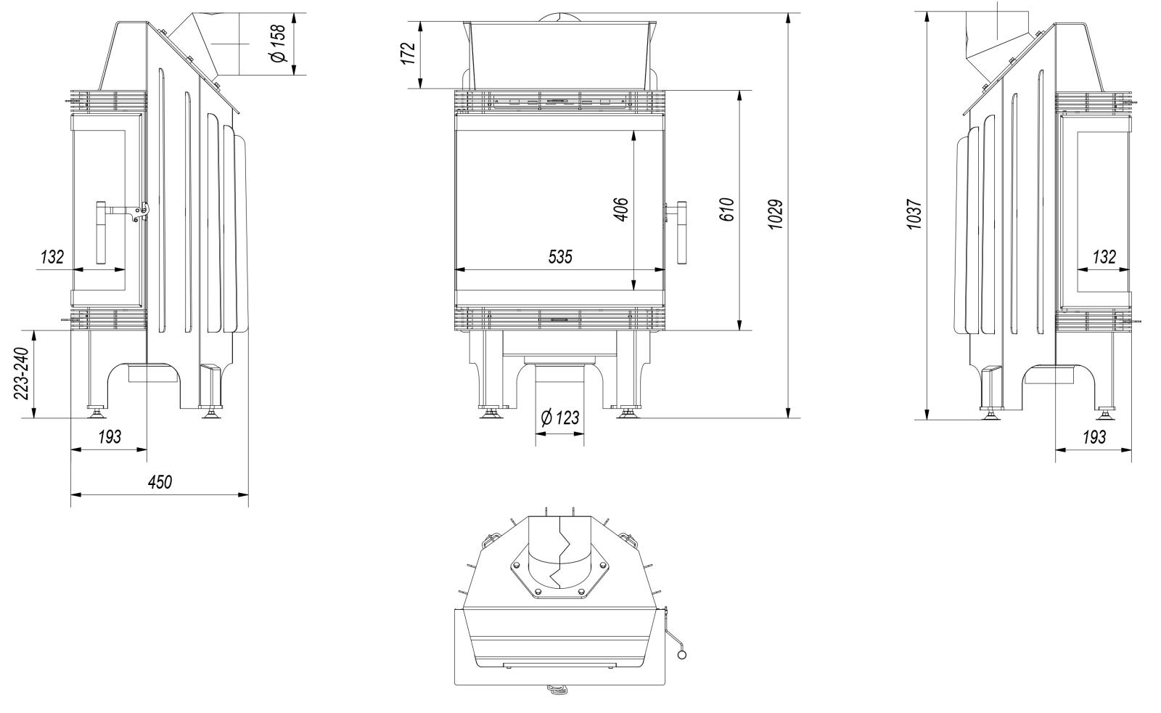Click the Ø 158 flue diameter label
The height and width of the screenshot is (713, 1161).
[x=278, y=44]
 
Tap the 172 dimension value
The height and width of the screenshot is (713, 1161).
[x=409, y=53]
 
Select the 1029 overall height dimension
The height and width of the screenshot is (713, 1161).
[x=776, y=214]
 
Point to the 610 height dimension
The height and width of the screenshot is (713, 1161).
[x=728, y=209]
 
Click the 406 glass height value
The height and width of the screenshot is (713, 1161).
[x=622, y=209]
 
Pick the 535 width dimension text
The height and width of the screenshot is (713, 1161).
[x=559, y=256]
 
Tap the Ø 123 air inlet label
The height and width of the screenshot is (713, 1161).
[x=560, y=417]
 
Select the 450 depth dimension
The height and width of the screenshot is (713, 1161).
[x=160, y=482]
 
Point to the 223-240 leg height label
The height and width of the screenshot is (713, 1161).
[x=22, y=374]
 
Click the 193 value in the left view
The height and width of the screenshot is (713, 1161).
[x=110, y=437]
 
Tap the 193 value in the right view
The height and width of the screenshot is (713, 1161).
[x=1094, y=437]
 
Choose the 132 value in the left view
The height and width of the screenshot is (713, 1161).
[x=52, y=256]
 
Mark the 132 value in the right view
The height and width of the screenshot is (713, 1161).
[x=1104, y=256]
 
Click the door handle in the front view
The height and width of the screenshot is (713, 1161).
[x=682, y=232]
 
